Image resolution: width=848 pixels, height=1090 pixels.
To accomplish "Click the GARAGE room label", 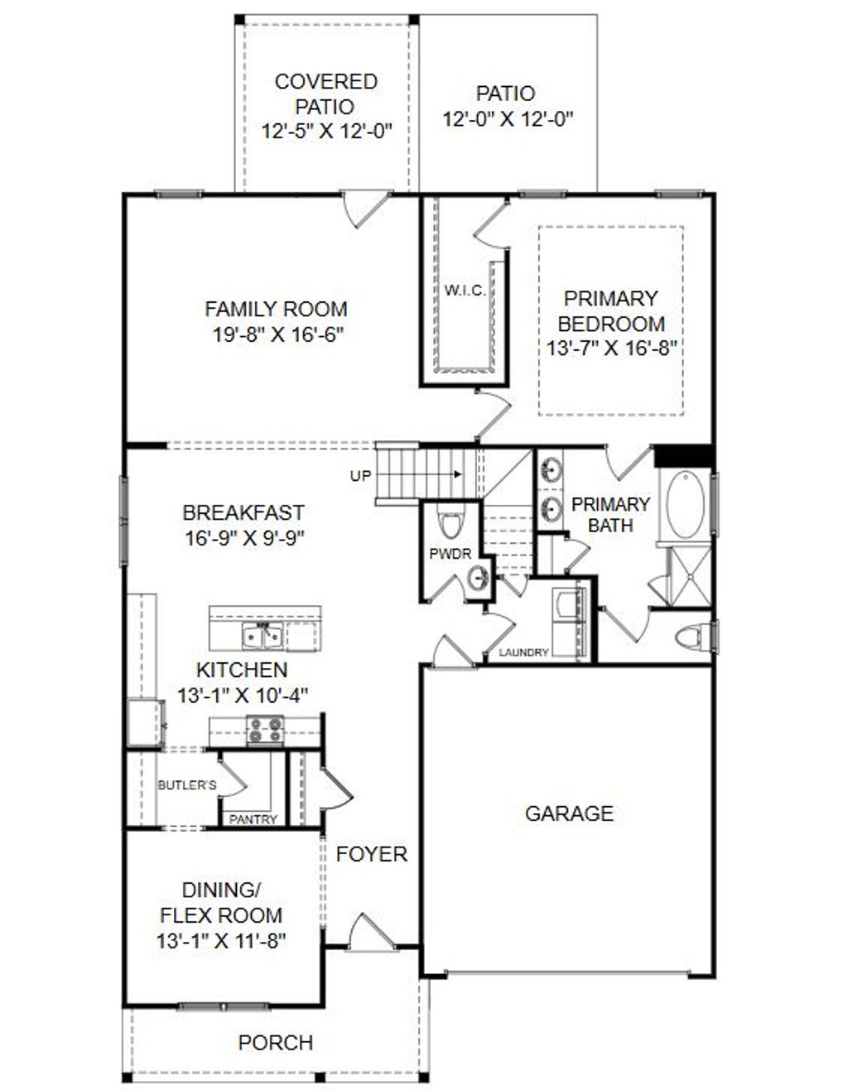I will click(x=569, y=814).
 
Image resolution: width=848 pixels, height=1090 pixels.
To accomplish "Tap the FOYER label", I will click(x=372, y=854).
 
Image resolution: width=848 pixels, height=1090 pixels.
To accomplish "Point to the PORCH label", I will click(x=276, y=1043).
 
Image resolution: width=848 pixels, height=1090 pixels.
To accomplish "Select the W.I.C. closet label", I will click(x=465, y=291).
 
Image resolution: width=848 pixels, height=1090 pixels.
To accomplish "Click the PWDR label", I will click(x=450, y=554).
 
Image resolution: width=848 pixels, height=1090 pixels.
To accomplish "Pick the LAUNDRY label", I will click(x=524, y=652).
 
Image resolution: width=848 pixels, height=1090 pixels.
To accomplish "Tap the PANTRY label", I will click(x=253, y=819).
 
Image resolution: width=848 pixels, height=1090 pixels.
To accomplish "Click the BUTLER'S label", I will click(x=187, y=785).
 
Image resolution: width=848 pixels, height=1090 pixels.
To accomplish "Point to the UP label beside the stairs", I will click(x=361, y=476).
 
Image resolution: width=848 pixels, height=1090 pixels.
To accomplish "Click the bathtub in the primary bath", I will click(x=685, y=504).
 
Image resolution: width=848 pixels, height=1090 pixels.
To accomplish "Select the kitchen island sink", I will click(x=263, y=636).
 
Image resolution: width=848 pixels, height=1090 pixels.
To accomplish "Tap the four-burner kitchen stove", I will click(x=265, y=730).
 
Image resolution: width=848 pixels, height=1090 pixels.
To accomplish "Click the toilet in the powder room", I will click(x=450, y=524).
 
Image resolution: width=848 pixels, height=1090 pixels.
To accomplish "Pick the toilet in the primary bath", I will click(x=691, y=637).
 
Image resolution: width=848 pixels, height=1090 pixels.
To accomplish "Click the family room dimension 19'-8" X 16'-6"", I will click(x=276, y=334).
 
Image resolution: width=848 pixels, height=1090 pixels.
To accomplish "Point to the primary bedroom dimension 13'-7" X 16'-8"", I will click(x=612, y=348).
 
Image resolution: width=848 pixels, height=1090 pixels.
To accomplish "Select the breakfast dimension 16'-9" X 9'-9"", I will click(x=244, y=538).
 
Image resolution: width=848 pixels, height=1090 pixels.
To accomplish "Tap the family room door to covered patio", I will click(x=365, y=208).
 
